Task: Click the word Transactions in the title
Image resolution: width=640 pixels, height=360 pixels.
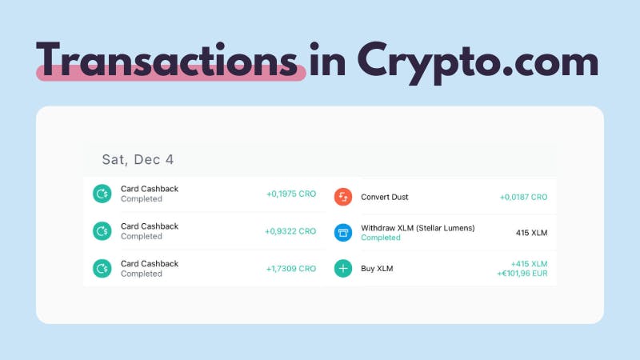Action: pos(167,59)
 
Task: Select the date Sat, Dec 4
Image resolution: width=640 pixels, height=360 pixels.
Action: pos(138,159)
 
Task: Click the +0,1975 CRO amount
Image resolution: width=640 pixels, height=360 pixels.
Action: pos(291,194)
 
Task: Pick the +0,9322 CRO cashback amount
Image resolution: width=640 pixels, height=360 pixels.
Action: pos(290,231)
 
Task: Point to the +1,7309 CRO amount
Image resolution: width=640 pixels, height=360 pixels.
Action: pos(291,269)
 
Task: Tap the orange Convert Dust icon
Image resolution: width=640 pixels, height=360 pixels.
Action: pos(343,197)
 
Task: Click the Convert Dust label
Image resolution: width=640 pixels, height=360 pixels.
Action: pos(385,197)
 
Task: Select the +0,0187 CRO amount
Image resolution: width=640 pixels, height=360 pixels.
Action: pos(523,197)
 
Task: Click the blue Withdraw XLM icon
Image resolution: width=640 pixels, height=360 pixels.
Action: pos(343,233)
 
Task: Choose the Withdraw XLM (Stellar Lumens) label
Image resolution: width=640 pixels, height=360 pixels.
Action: pos(418,228)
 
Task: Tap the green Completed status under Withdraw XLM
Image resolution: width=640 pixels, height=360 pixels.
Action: pos(381,238)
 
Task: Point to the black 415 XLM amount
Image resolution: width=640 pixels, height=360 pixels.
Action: pos(531,233)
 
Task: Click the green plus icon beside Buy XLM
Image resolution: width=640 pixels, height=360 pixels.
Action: pos(343,269)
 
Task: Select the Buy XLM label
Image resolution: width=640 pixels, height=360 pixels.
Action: pos(377,269)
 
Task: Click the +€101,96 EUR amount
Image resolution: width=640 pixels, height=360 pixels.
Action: pos(522,274)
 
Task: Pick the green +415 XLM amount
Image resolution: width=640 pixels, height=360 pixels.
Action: pos(529,264)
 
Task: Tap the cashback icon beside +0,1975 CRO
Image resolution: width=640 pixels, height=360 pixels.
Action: pos(102,194)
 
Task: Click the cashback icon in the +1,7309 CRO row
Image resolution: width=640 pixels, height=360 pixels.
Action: pos(102,269)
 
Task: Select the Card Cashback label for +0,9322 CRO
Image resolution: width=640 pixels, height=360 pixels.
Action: pos(150,226)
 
